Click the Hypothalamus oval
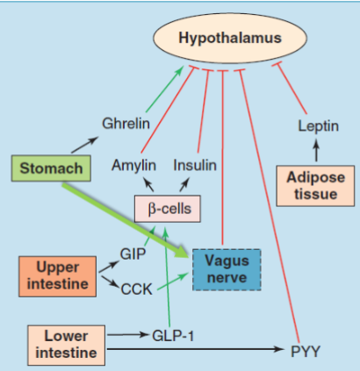point(230,39)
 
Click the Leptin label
point(318,125)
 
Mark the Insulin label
point(195,166)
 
